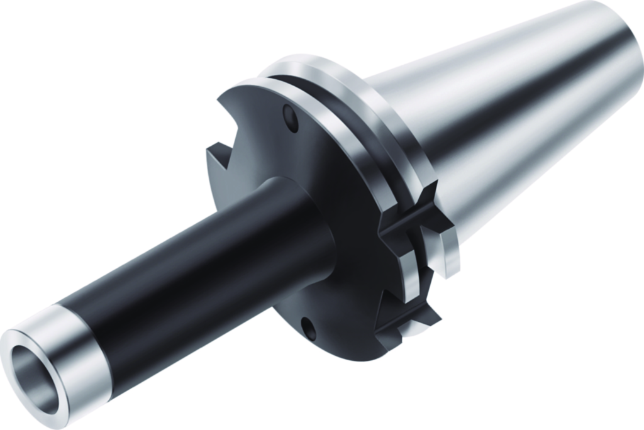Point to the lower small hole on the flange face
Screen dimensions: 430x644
(308, 328)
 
